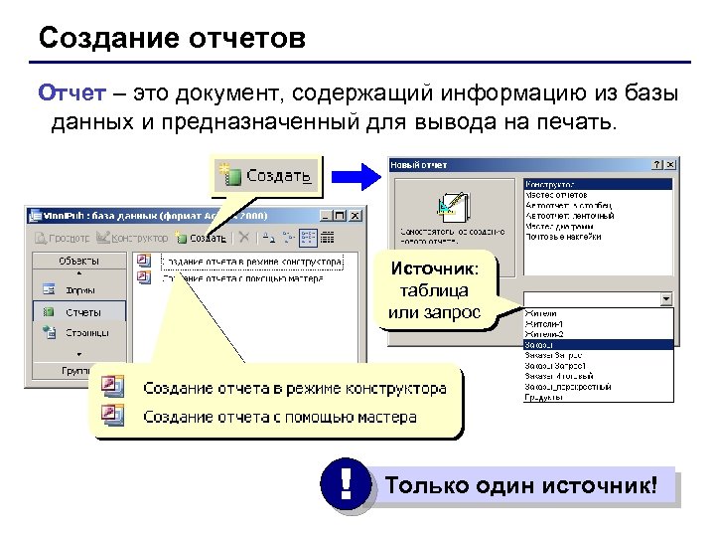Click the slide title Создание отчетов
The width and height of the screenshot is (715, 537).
[172, 40]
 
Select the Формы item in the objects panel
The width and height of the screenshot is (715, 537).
[80, 290]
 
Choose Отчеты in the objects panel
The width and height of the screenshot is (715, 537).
[82, 311]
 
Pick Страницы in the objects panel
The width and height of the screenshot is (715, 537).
[87, 333]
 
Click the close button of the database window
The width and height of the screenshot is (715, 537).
[356, 214]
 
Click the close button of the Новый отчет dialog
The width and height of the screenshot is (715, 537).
[670, 165]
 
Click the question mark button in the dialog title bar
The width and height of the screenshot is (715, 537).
[656, 165]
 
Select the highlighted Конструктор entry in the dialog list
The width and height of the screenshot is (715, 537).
[556, 185]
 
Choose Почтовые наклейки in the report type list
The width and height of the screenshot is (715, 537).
[563, 235]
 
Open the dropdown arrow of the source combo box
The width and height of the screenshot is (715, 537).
[666, 298]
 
